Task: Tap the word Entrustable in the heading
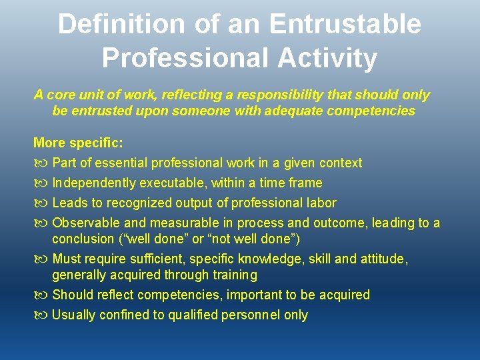click(345, 24)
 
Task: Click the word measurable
click(183, 223)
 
